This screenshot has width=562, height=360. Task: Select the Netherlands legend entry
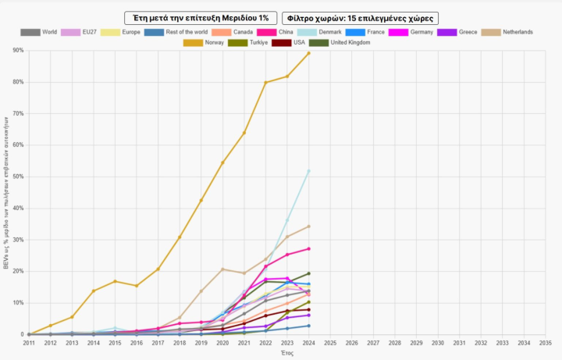pyautogui.click(x=507, y=32)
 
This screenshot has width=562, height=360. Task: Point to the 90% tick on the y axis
pyautogui.click(x=18, y=50)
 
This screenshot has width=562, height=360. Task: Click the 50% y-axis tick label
pyautogui.click(x=18, y=176)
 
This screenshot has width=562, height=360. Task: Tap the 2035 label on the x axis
pyautogui.click(x=545, y=342)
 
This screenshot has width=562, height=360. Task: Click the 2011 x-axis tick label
pyautogui.click(x=29, y=342)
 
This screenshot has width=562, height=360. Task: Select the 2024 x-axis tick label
pyautogui.click(x=308, y=342)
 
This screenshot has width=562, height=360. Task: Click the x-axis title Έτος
pyautogui.click(x=286, y=353)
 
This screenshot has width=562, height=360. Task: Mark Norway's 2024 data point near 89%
pyautogui.click(x=308, y=53)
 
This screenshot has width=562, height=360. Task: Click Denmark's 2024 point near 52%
pyautogui.click(x=308, y=171)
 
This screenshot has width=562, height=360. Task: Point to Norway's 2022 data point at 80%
pyautogui.click(x=265, y=83)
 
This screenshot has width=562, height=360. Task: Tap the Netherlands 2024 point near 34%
pyautogui.click(x=308, y=226)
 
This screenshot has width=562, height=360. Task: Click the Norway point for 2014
pyautogui.click(x=94, y=291)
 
